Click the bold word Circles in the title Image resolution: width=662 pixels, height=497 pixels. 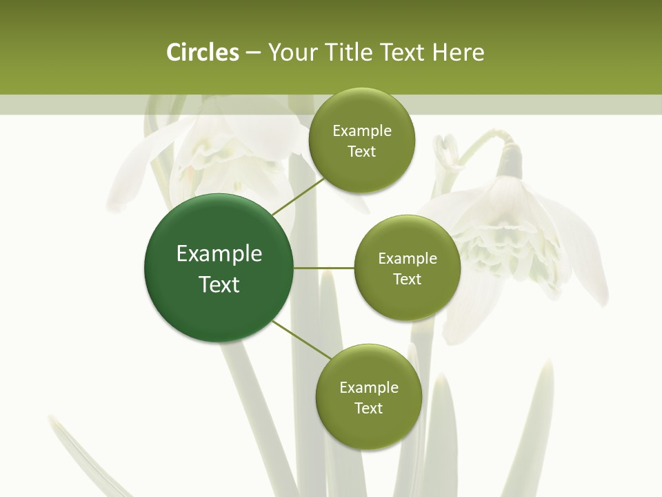202,52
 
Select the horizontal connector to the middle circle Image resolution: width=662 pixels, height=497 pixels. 323,268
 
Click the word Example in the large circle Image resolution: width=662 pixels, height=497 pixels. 219,254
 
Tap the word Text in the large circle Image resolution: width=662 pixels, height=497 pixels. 219,284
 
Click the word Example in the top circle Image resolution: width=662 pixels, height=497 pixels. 362,131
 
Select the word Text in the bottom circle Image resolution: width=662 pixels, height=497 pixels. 368,408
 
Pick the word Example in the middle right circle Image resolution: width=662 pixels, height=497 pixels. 408,259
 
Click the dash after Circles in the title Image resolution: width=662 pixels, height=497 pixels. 252,53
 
